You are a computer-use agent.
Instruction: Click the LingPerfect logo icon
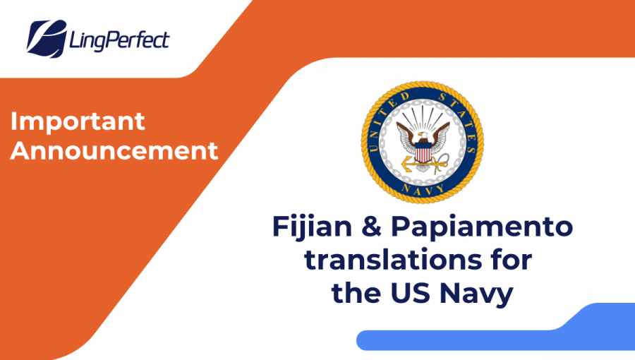point(47,39)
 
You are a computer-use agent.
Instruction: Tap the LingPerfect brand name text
point(119,40)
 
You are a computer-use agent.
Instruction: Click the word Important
point(78,121)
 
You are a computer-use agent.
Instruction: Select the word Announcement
point(114,150)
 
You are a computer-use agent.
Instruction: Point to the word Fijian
point(313,227)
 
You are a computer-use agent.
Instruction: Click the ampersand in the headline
point(371,226)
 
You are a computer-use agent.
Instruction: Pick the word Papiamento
point(482,227)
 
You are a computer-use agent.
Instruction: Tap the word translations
point(393,259)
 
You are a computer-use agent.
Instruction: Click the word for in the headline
point(512,259)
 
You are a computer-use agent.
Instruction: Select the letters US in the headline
point(410,292)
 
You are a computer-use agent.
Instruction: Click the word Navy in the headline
point(477,294)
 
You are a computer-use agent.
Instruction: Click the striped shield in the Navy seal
point(423,153)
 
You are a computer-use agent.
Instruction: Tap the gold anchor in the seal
point(421,164)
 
